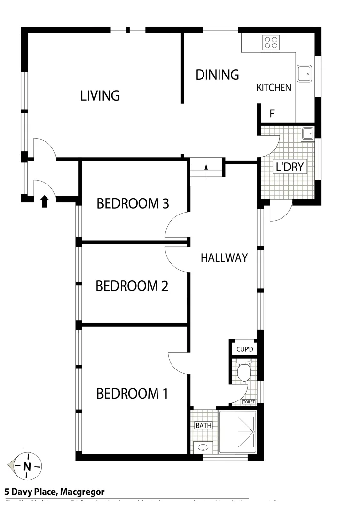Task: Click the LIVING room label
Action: [100, 96]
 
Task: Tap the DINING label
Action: [217, 75]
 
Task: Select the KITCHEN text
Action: [274, 88]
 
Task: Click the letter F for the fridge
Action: [272, 114]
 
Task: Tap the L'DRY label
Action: [289, 168]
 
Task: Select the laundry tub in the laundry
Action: [308, 133]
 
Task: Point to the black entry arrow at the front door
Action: [44, 201]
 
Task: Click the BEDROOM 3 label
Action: [132, 204]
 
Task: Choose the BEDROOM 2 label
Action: [132, 286]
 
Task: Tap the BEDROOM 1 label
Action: [132, 393]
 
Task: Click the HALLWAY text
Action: [224, 258]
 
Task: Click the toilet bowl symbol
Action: [244, 372]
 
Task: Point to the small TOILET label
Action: [248, 402]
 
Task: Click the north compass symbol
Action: [26, 466]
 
